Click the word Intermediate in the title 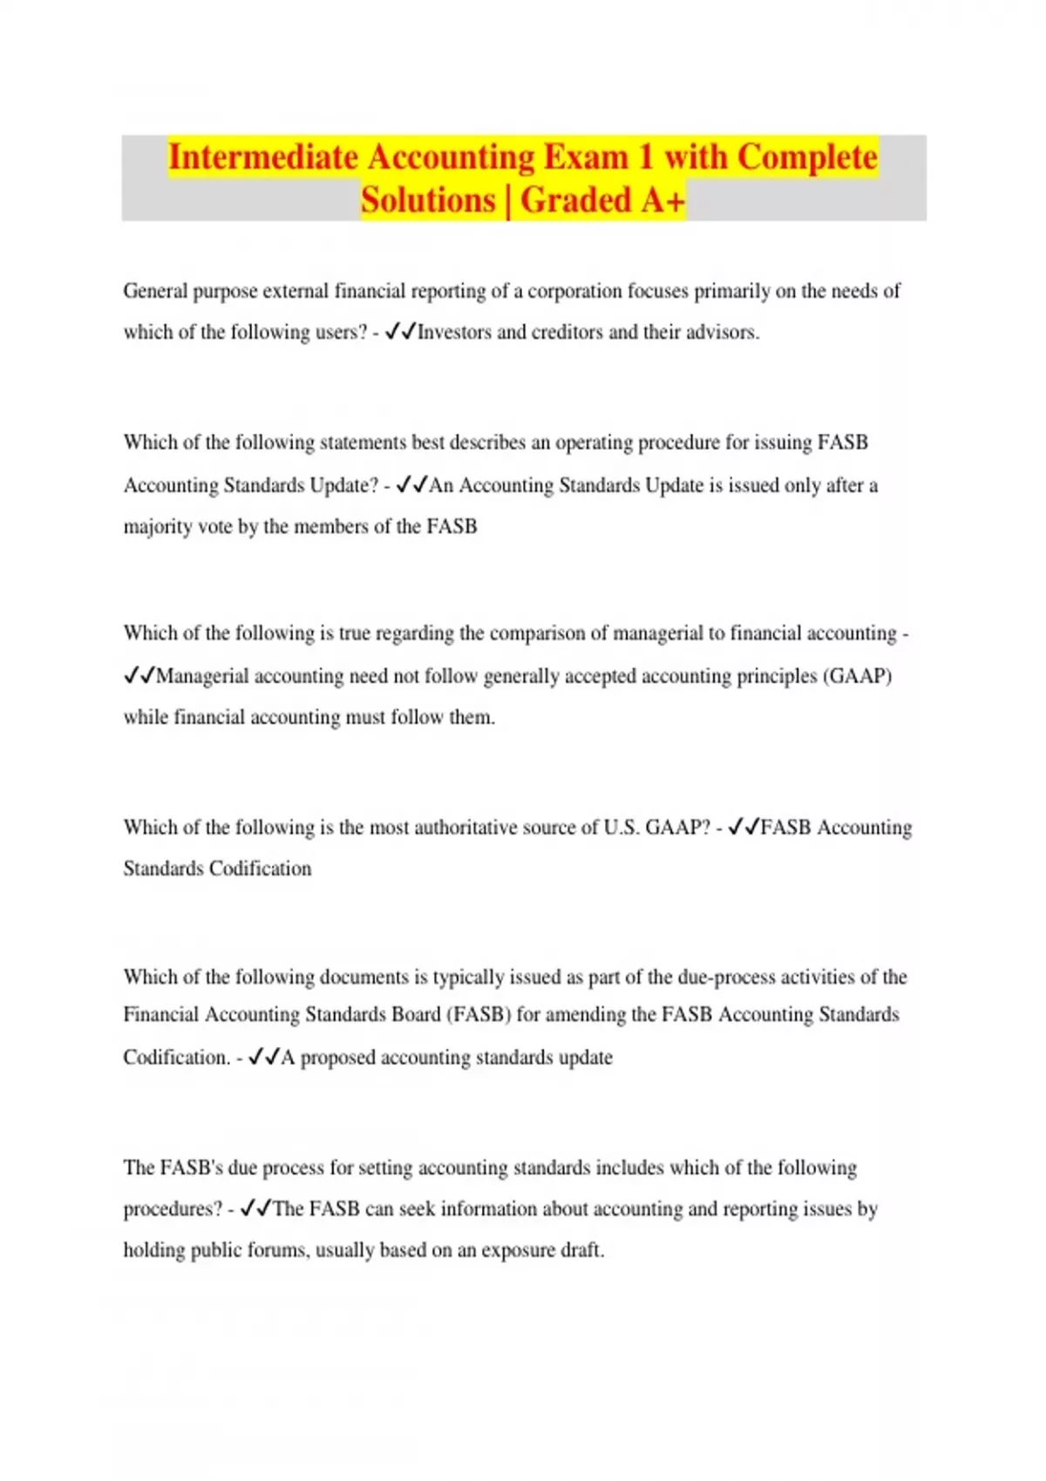262,158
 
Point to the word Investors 454,333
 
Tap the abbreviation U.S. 621,828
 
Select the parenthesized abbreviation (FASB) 479,1015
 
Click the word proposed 338,1058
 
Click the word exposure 520,1251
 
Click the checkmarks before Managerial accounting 139,676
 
